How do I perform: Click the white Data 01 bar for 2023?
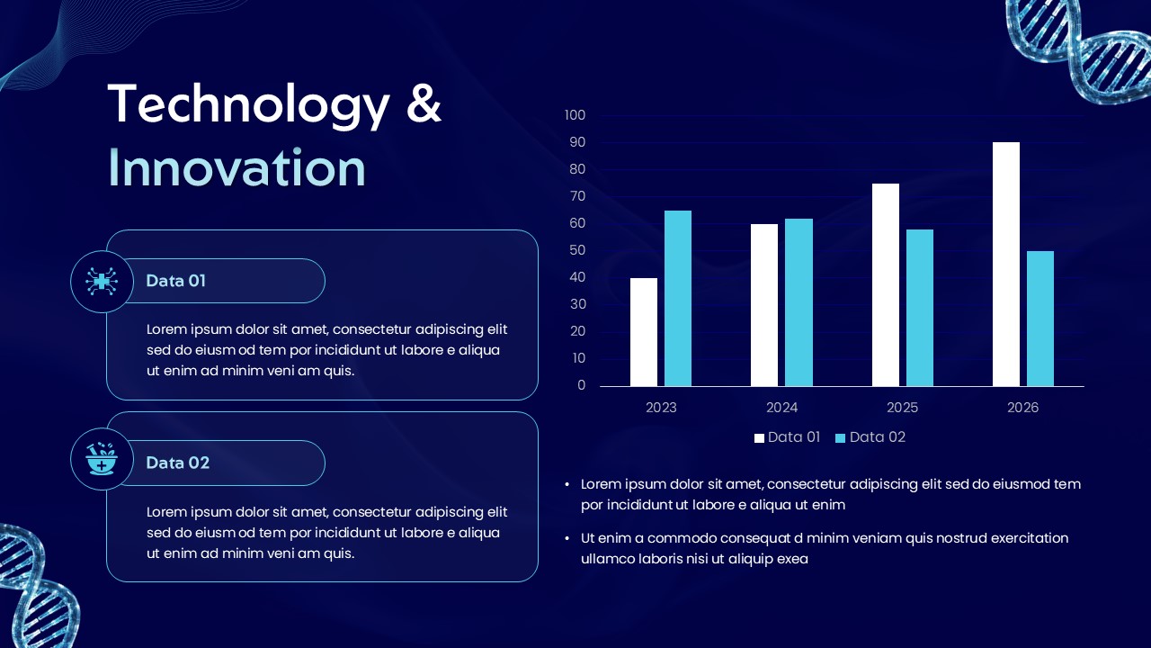[x=643, y=332]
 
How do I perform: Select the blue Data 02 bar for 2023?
[x=677, y=298]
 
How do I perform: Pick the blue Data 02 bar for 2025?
[x=919, y=308]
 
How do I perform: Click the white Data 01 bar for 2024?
[x=763, y=305]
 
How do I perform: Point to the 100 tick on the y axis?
[x=575, y=115]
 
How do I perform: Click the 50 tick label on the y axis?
[x=576, y=250]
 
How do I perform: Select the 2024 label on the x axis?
[x=781, y=408]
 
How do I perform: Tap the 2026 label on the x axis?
[x=1022, y=408]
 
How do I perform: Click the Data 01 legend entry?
[x=788, y=437]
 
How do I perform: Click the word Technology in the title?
[x=248, y=104]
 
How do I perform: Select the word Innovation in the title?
[x=236, y=168]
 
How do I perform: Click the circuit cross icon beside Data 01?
[x=102, y=282]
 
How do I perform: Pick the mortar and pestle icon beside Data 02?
[x=102, y=459]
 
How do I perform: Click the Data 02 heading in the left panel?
[x=177, y=463]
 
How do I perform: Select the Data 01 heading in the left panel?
[x=175, y=281]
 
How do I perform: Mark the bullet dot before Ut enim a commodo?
[x=567, y=538]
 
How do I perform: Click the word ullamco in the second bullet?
[x=607, y=559]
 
